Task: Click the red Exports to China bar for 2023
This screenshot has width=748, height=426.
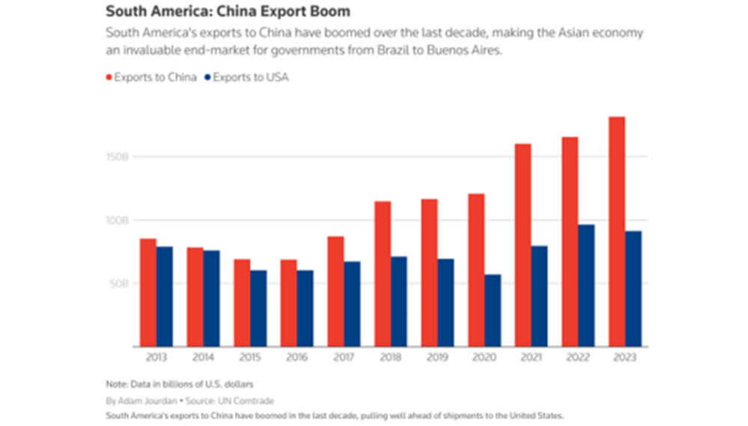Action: click(616, 231)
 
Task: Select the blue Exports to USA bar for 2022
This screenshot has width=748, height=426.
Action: click(586, 285)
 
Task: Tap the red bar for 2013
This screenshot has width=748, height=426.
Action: click(148, 293)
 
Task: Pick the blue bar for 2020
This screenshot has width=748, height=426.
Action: click(493, 310)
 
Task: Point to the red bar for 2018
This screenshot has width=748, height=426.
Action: click(383, 274)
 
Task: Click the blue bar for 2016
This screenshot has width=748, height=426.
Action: click(305, 308)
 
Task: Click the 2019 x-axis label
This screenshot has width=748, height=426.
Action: click(437, 358)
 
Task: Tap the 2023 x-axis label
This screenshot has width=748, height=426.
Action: click(624, 358)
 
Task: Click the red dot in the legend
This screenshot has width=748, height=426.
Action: click(109, 77)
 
